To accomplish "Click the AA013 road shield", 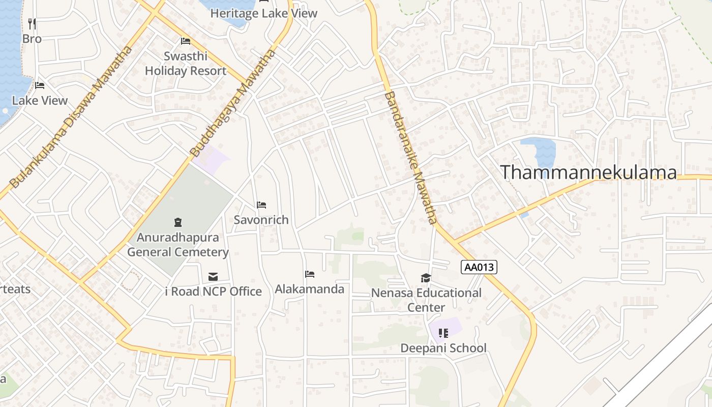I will (x=479, y=267).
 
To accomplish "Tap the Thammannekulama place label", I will (x=588, y=172).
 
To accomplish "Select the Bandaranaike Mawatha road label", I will (x=410, y=157).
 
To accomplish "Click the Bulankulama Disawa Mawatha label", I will (x=71, y=117).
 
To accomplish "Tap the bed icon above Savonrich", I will (x=261, y=205).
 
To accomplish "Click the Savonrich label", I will (x=261, y=220).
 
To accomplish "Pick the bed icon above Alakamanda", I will (x=310, y=274).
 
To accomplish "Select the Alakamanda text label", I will (x=309, y=289).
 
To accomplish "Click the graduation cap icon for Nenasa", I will (x=426, y=278).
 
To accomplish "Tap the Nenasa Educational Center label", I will (x=426, y=300).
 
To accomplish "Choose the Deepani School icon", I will (x=443, y=333).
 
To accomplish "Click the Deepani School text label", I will (x=443, y=348).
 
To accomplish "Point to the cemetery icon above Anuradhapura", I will (x=178, y=222).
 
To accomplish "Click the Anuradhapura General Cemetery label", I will (x=178, y=245).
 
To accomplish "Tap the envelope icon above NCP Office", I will (x=213, y=277).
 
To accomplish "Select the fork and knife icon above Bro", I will (x=32, y=24).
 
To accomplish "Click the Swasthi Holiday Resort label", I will (x=186, y=64).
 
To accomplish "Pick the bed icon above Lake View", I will (x=40, y=85).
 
